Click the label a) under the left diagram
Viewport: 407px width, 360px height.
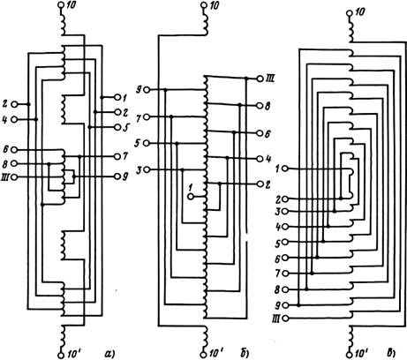click(109, 353)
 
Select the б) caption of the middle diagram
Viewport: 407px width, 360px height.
click(245, 353)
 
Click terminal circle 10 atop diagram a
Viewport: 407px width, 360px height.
click(61, 5)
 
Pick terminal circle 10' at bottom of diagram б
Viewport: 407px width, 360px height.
click(204, 355)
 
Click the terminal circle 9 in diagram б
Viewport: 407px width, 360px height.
click(147, 90)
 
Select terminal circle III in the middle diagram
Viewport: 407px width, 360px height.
click(260, 79)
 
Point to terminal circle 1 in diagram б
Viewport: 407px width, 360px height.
click(191, 196)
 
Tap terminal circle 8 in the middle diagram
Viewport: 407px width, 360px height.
click(260, 105)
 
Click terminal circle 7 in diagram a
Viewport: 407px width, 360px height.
click(117, 156)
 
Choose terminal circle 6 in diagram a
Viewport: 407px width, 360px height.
click(13, 150)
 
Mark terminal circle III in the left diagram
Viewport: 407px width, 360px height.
click(13, 177)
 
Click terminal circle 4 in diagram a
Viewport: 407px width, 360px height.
click(13, 119)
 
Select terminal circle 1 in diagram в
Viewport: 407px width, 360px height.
click(284, 169)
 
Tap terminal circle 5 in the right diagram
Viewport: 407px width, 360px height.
click(284, 242)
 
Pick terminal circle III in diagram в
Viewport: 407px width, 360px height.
click(284, 318)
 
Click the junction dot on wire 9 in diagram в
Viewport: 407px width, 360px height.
click(299, 305)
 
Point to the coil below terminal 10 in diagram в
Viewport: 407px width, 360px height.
click(350, 29)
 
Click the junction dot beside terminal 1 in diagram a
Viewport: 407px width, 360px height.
click(102, 97)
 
